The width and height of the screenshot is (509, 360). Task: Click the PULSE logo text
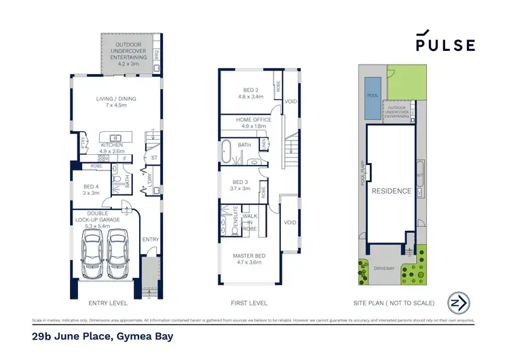click(445, 45)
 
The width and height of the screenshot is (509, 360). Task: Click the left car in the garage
click(92, 256)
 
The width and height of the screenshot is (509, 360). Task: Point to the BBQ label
click(156, 54)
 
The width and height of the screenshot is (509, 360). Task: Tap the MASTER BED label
click(250, 258)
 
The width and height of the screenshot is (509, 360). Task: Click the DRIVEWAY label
click(383, 268)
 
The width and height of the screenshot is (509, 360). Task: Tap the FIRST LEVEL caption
click(250, 303)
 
